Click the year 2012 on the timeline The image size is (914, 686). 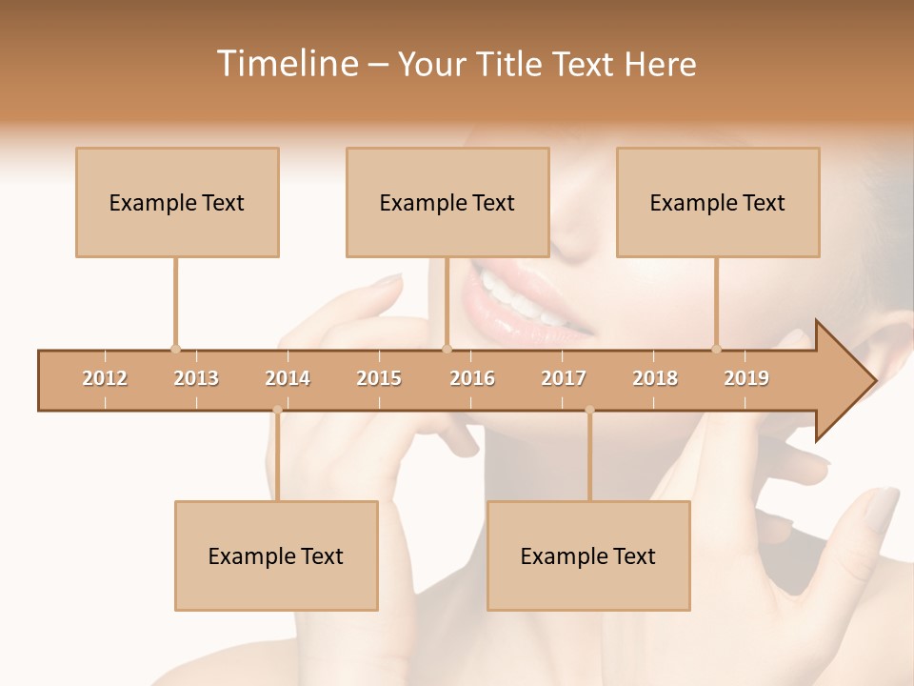(105, 378)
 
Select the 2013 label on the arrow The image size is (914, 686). (196, 378)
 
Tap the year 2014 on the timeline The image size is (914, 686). (288, 378)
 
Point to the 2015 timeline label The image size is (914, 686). (379, 378)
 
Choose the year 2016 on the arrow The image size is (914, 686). (472, 378)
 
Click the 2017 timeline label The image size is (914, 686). (564, 378)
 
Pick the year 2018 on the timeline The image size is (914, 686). (655, 378)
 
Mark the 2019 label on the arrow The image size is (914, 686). (746, 378)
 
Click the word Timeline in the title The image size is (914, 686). (287, 64)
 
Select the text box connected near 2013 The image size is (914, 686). (177, 203)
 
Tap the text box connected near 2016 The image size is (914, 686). (447, 203)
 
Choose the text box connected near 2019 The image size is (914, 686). (718, 203)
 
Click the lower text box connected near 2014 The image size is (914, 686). (276, 556)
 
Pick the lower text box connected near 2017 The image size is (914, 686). (588, 556)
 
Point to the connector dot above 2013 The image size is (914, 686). (175, 349)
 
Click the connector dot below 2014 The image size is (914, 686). (277, 411)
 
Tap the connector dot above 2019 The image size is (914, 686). (716, 349)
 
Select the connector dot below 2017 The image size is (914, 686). (589, 411)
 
